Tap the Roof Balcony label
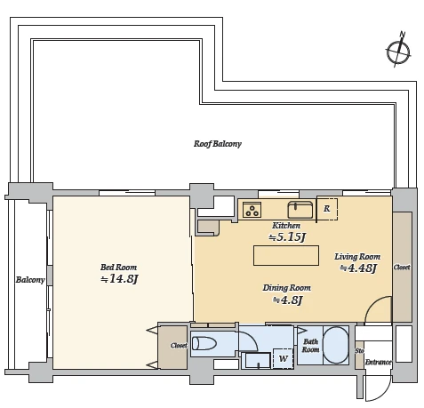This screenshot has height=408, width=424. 218,144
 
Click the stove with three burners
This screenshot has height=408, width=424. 252,210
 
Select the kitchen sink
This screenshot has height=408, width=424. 300,210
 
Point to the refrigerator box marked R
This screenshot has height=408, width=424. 327,209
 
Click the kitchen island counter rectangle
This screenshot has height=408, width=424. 286,255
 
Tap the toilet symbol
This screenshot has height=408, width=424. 204,344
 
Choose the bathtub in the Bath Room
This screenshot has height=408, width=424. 335,345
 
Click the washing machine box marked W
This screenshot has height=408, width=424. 283,358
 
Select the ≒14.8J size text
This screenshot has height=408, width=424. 119,279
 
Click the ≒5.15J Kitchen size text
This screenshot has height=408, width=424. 287,237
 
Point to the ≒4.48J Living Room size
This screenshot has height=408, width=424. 358,268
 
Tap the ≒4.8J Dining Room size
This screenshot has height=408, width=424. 287,300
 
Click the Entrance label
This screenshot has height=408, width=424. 378,362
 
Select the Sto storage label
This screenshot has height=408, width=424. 359,351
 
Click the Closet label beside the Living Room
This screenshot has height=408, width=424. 402,268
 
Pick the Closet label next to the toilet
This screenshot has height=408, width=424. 179,346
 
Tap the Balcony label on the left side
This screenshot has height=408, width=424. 30,280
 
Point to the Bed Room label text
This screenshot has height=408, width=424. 118,268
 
